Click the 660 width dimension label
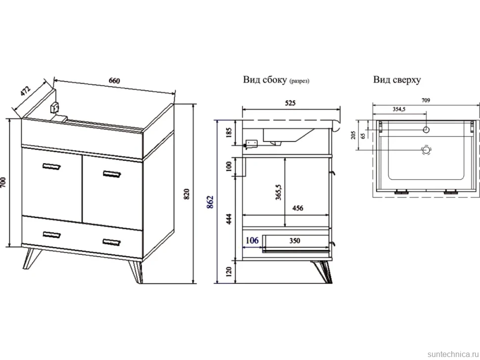114,81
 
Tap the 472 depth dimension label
26,91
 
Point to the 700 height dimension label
3,183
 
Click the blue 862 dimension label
210,202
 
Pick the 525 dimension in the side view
290,103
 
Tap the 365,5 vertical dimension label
278,192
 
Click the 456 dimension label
297,208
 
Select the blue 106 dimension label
252,240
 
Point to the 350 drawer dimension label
294,241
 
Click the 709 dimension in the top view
426,100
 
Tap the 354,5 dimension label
399,109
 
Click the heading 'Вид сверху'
397,80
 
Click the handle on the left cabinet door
52,166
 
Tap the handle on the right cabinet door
112,175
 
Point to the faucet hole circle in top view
426,130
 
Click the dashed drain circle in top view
426,150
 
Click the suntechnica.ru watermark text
453,354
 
